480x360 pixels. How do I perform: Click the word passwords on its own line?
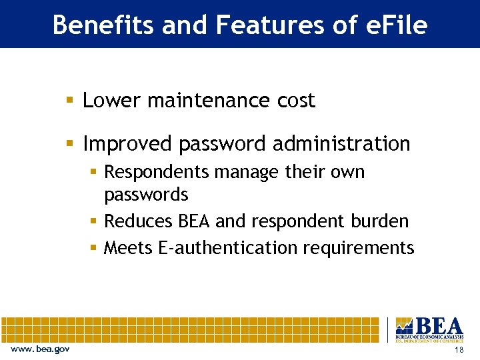[146, 195]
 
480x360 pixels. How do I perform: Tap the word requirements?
[359, 249]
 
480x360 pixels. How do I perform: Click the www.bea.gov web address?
[39, 349]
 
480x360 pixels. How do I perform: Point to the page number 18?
[458, 350]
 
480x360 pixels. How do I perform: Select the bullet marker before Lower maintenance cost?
[70, 101]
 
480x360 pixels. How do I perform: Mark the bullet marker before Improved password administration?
[70, 144]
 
